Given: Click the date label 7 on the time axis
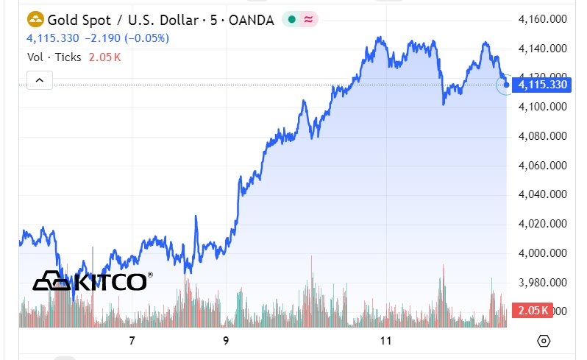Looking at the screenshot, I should pos(132,341).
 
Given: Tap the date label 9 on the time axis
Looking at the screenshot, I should pos(227,341).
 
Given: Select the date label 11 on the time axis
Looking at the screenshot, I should pos(385,341).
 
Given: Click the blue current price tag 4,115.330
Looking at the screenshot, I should pos(543,85).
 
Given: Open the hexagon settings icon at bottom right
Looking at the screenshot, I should pos(544,341).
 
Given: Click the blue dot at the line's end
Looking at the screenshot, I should pos(506,85).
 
